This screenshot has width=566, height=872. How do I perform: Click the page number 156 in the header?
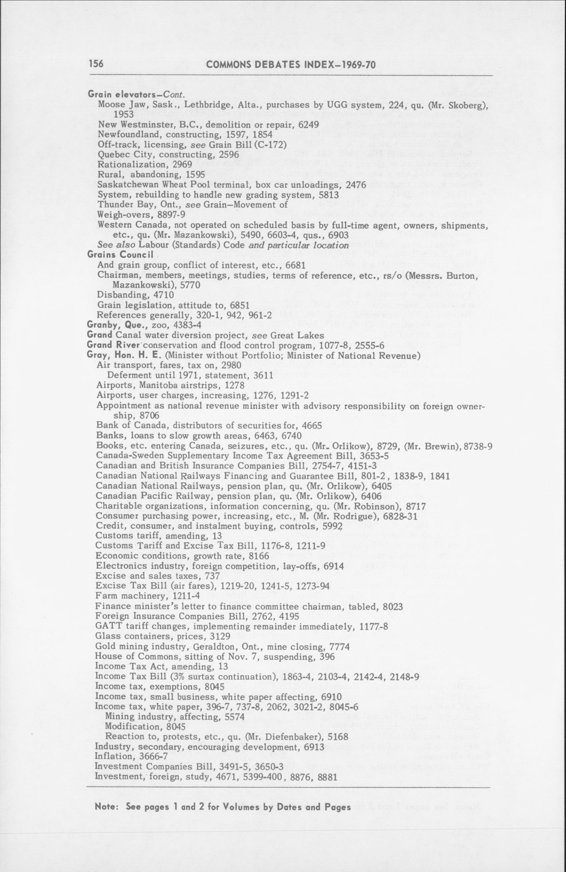point(96,64)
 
